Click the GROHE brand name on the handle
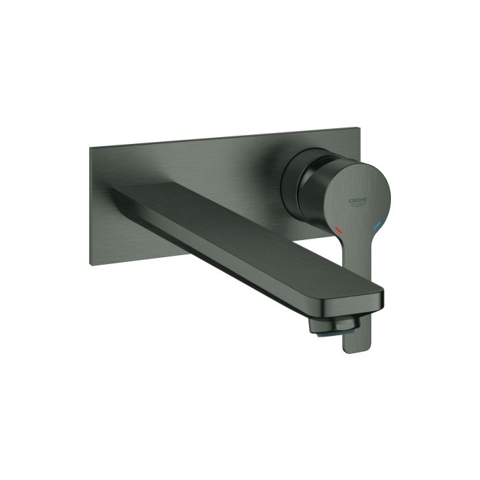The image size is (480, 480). tap(359, 200)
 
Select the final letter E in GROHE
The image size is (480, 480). tap(367, 201)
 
